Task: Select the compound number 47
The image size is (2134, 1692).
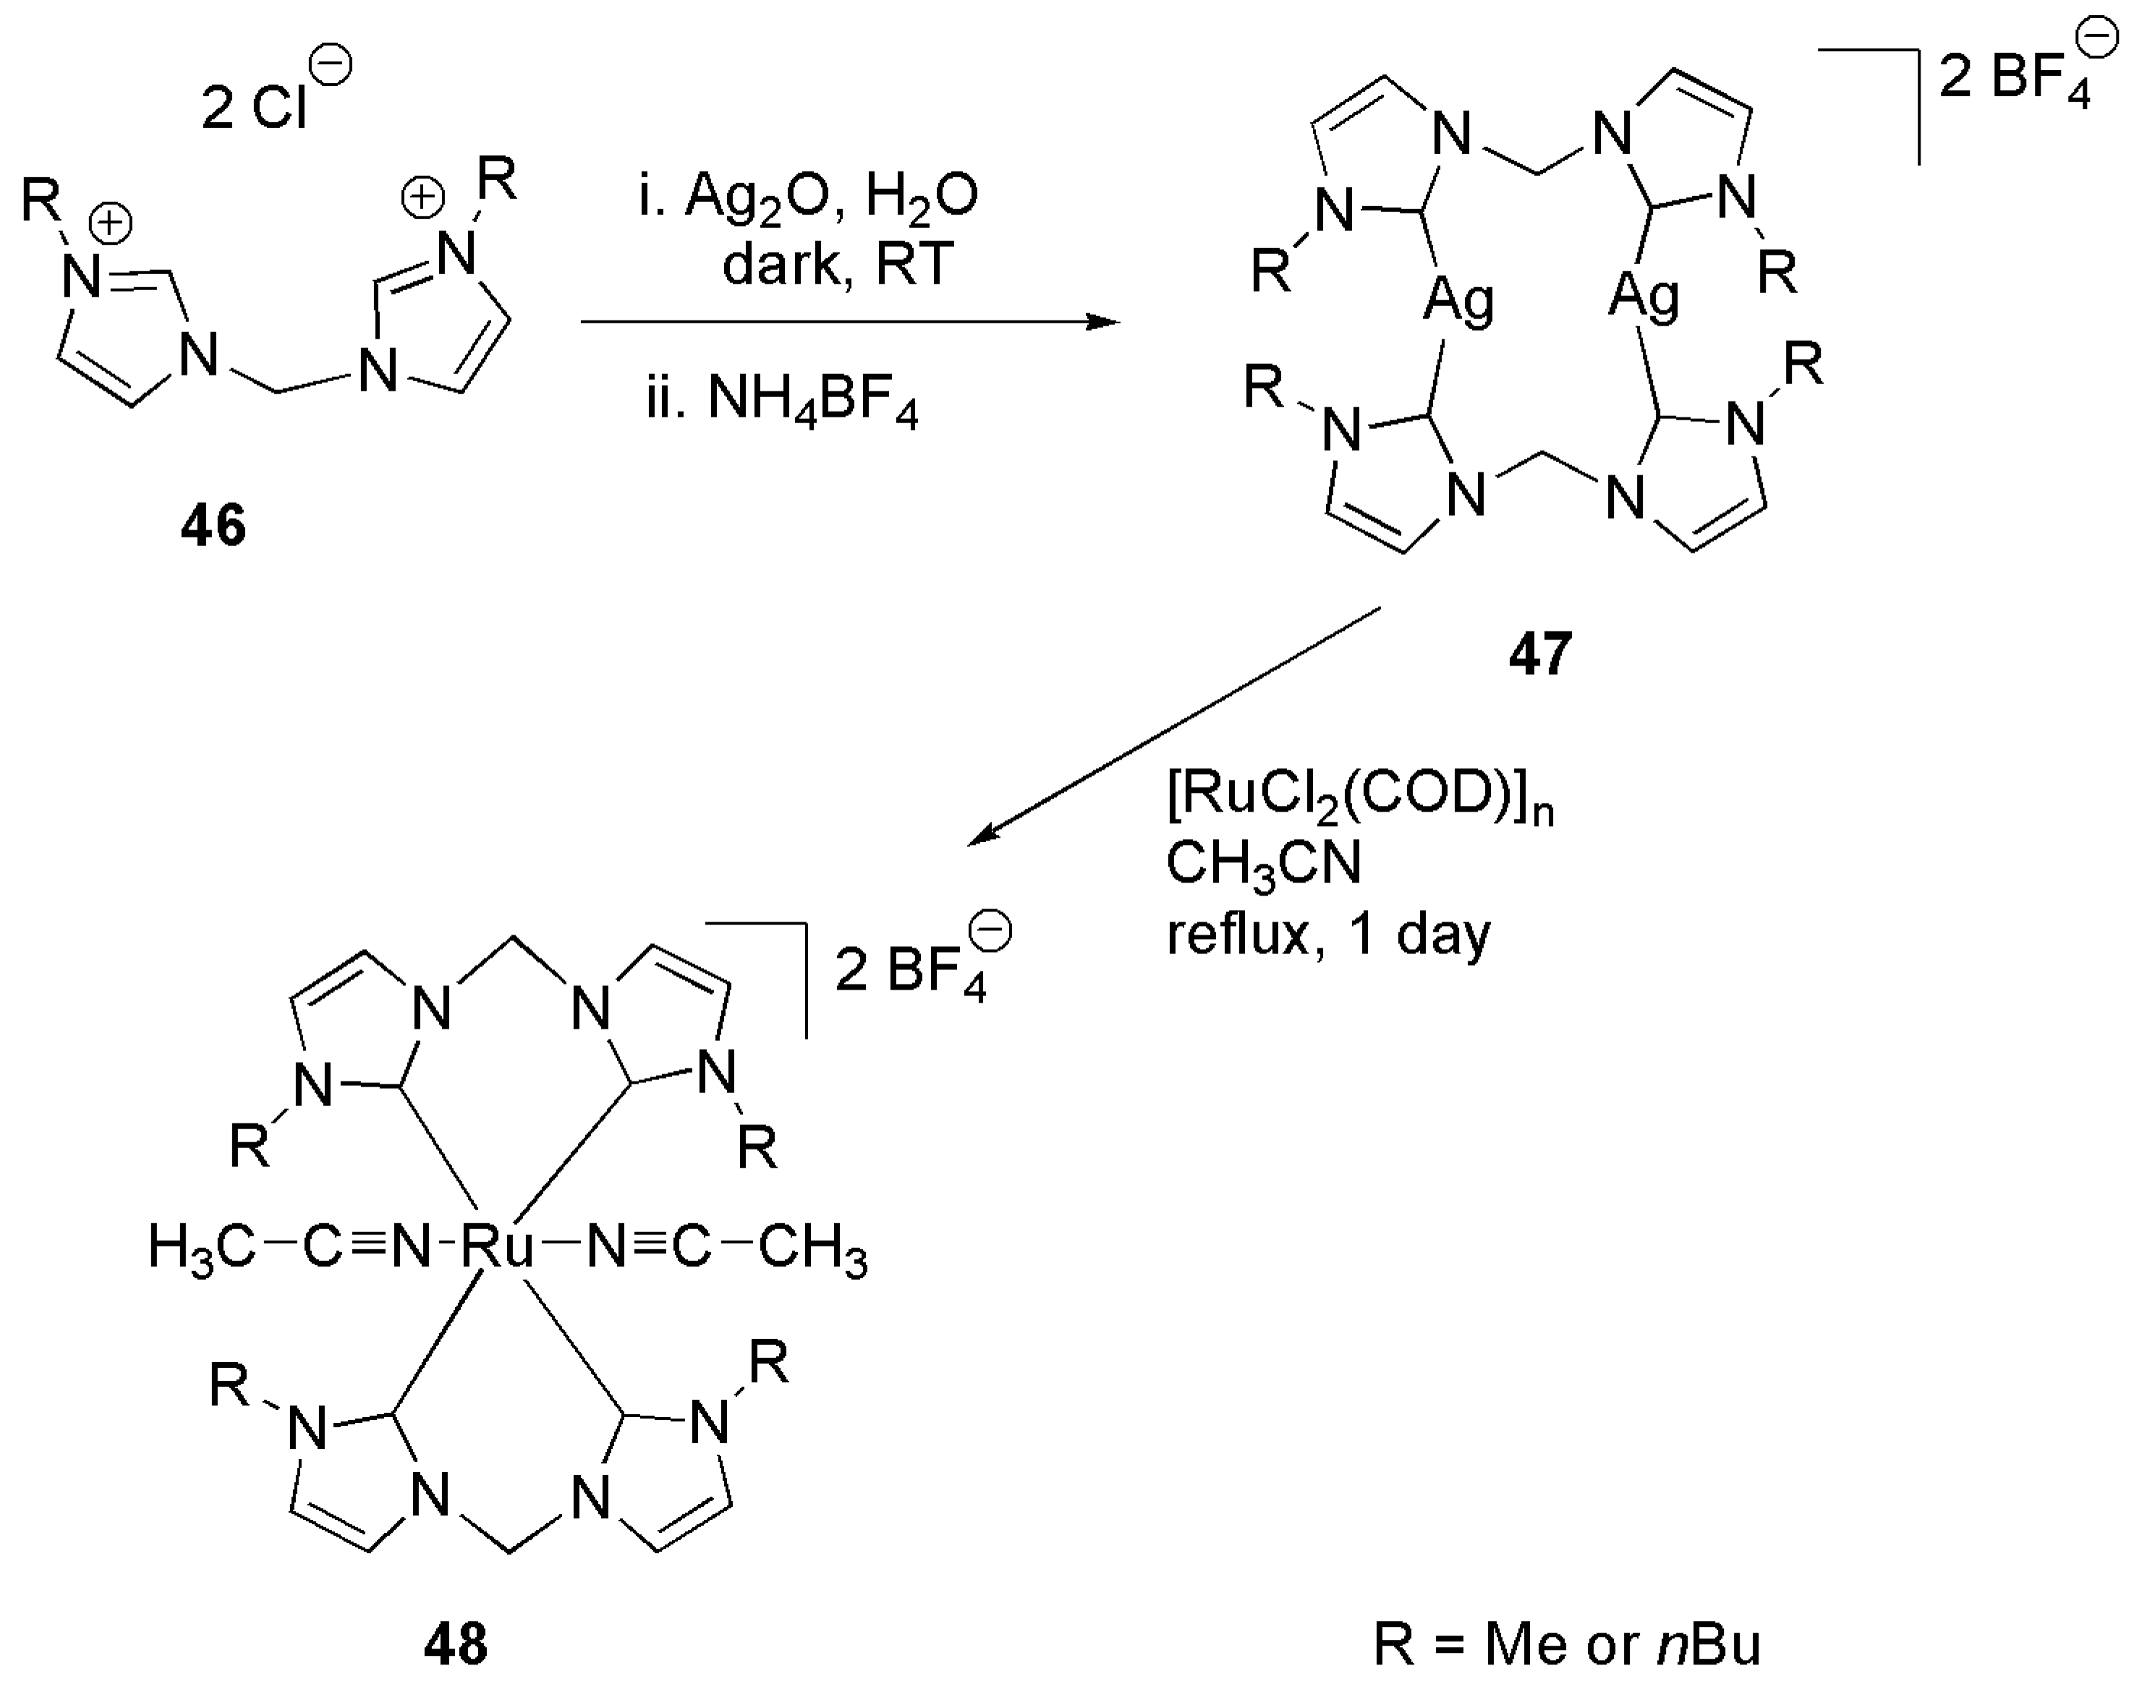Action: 1540,653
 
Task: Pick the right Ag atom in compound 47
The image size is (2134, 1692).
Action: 1643,296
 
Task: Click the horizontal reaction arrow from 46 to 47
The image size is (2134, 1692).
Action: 849,322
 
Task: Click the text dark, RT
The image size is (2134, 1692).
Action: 838,264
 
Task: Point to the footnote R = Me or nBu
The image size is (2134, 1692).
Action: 1567,1644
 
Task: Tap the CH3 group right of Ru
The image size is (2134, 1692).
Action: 812,1249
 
